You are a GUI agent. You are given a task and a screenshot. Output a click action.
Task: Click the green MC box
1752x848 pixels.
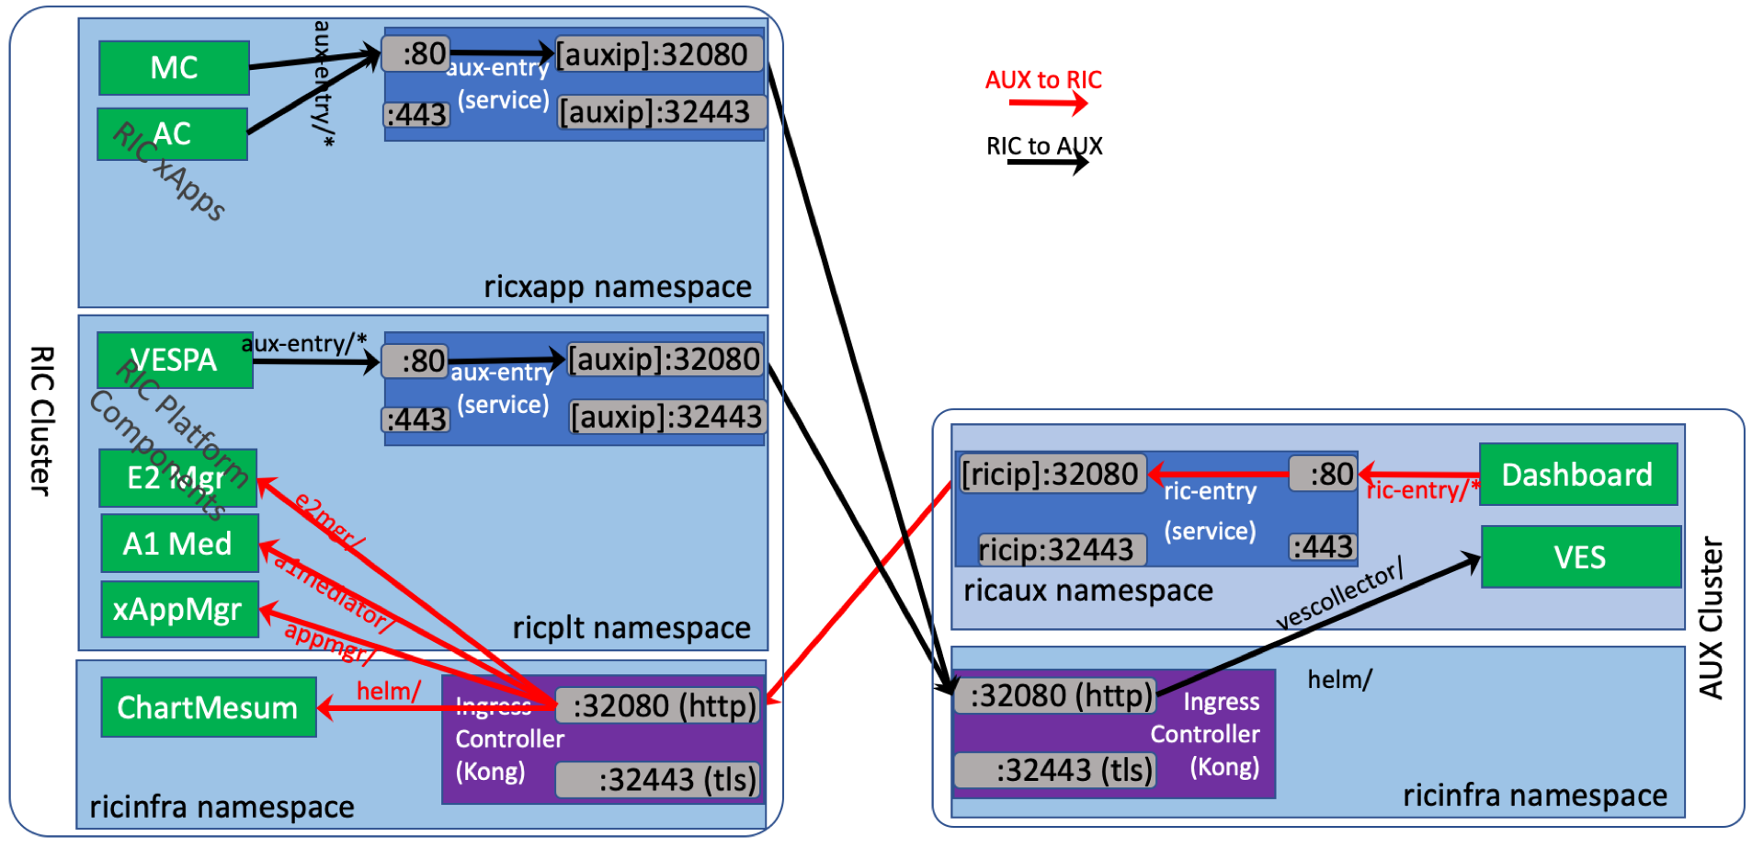[x=174, y=67]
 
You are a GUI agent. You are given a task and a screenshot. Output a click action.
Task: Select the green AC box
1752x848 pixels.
[x=172, y=134]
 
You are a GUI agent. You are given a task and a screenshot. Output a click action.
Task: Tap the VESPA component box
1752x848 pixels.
[x=175, y=360]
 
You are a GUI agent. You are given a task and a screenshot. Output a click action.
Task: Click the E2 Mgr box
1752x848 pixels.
[x=177, y=477]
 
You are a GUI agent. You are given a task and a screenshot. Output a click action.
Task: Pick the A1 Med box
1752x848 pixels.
[x=179, y=544]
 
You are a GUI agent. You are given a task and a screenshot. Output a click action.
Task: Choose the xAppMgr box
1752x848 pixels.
[x=179, y=609]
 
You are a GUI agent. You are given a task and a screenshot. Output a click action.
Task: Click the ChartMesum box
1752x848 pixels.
[x=209, y=707]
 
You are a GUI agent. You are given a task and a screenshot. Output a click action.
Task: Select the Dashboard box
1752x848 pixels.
[x=1577, y=475]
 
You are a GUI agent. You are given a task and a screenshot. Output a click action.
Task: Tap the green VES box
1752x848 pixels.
[x=1580, y=557]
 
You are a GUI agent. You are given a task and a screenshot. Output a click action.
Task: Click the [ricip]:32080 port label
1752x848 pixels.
[x=1051, y=474]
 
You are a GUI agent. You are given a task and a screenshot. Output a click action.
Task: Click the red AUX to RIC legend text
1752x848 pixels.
[x=1043, y=80]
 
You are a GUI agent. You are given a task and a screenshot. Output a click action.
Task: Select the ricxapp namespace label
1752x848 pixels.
[x=618, y=287]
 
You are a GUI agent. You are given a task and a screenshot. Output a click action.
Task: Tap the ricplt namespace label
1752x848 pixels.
[x=631, y=628]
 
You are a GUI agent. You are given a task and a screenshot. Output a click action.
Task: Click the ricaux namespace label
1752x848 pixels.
[x=1088, y=590]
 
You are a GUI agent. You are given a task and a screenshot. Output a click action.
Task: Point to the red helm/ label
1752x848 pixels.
[x=388, y=691]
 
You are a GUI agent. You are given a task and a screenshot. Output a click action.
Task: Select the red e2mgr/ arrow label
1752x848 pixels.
[x=329, y=521]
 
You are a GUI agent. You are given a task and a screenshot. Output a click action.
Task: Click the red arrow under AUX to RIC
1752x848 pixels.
[x=1048, y=103]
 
